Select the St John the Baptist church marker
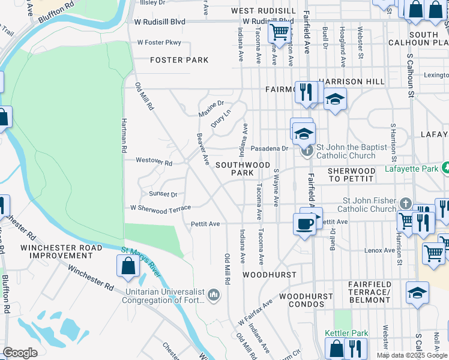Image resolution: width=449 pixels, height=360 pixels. tap(307, 149)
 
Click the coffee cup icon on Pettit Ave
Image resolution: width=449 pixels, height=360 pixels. tap(305, 224)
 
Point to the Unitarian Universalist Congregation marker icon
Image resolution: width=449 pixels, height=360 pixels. tap(214, 295)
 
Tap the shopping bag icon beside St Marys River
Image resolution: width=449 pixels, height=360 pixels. tap(129, 266)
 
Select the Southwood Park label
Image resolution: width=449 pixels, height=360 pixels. tap(243, 168)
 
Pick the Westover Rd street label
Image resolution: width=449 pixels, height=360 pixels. tap(154, 162)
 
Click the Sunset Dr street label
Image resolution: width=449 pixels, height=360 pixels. tap(163, 194)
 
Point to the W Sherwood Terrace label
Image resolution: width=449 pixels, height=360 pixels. tap(160, 208)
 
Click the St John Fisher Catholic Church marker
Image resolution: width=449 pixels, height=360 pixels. tap(406, 204)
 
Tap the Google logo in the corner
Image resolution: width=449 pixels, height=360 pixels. tap(20, 352)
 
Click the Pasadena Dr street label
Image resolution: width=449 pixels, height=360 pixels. tap(270, 148)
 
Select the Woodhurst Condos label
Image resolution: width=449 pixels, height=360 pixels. tap(306, 301)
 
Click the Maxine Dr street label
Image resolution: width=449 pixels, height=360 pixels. tap(211, 109)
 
